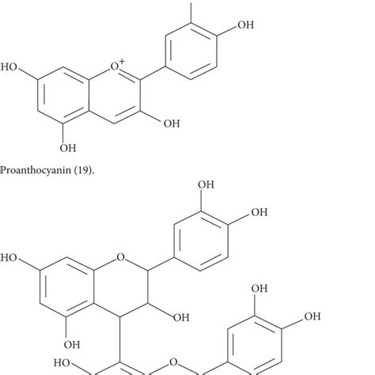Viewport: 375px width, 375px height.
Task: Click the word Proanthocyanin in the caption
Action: click(36, 170)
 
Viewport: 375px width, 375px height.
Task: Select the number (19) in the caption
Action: click(82, 170)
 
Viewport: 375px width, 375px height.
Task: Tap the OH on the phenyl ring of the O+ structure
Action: click(245, 25)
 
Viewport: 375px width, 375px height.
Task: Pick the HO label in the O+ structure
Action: click(9, 67)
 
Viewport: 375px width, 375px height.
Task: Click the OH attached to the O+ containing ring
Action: click(172, 123)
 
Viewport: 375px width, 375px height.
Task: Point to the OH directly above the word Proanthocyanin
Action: click(68, 148)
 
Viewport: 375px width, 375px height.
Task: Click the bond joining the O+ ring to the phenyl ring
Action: click(153, 72)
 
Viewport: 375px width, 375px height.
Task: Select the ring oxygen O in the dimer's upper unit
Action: click(120, 257)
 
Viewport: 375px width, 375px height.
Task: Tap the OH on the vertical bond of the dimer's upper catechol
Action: click(206, 185)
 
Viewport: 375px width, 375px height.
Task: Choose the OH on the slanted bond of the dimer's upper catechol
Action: click(259, 212)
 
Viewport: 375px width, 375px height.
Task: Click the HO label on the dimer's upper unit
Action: click(9, 258)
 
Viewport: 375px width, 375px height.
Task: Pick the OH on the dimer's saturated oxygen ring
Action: click(181, 317)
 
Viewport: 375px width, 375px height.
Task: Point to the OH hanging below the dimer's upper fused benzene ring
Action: click(72, 344)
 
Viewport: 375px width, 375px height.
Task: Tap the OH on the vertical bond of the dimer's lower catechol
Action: click(259, 289)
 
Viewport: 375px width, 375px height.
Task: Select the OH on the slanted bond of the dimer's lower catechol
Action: click(312, 316)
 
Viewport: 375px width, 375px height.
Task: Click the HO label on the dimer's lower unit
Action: click(62, 363)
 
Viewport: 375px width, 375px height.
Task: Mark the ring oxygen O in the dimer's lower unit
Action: click(173, 362)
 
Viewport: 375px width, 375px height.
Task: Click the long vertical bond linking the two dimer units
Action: click(120, 339)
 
